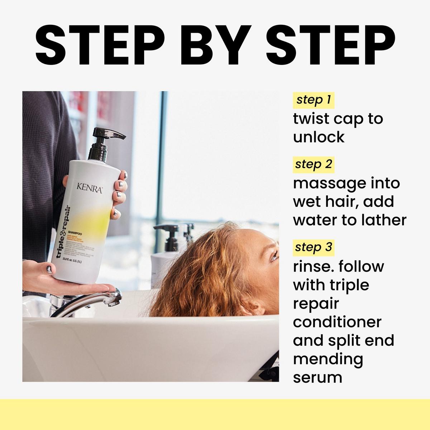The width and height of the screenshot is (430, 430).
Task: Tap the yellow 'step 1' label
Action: tap(314, 100)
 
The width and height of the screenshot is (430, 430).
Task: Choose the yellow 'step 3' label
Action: tap(314, 247)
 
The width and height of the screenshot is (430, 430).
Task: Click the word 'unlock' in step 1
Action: tap(319, 137)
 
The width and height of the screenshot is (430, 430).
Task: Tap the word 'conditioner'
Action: tap(337, 322)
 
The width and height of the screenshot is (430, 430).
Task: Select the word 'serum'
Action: tap(317, 377)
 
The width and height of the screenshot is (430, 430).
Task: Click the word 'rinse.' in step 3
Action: tap(313, 267)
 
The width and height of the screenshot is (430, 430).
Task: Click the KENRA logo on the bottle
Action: tap(90, 188)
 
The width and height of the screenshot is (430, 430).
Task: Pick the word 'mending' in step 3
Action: tap(328, 359)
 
